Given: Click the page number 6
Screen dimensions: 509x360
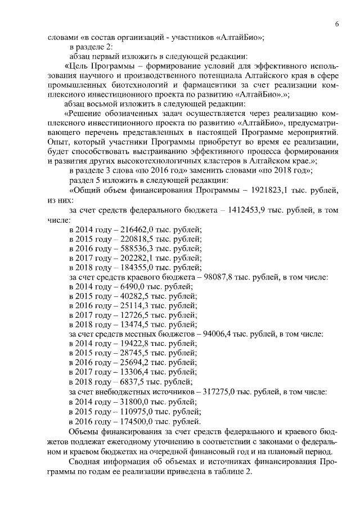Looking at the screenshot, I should click(x=336, y=24).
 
